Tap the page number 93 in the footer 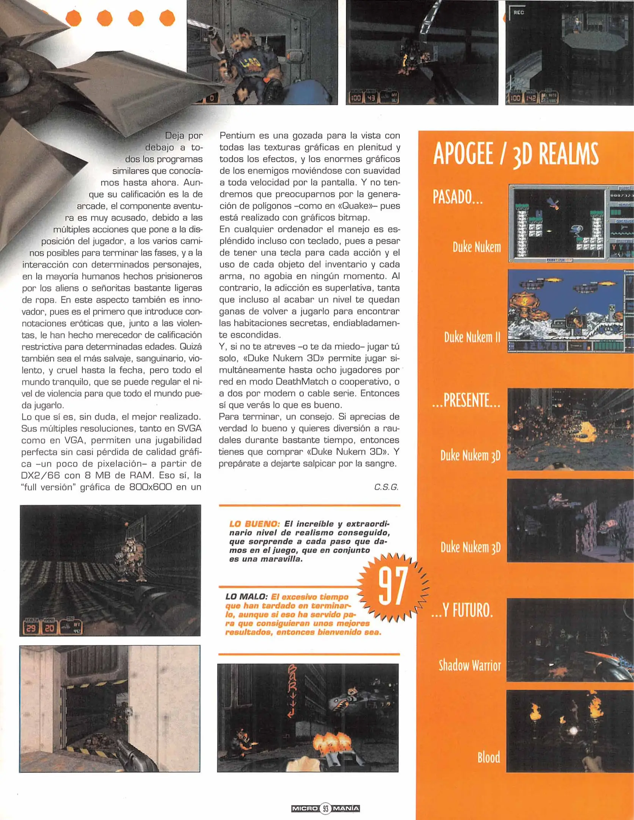pyautogui.click(x=325, y=808)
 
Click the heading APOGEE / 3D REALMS pyautogui.click(x=515, y=154)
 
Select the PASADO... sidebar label pyautogui.click(x=457, y=197)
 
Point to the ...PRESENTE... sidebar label pyautogui.click(x=466, y=401)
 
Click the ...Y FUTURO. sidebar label pyautogui.click(x=462, y=610)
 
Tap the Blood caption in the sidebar pyautogui.click(x=488, y=757)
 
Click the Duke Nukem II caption pyautogui.click(x=472, y=337)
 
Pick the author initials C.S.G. pyautogui.click(x=386, y=487)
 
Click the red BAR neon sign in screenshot pyautogui.click(x=292, y=691)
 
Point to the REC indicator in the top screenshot pyautogui.click(x=518, y=13)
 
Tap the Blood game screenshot pyautogui.click(x=570, y=731)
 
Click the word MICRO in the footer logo pyautogui.click(x=305, y=808)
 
